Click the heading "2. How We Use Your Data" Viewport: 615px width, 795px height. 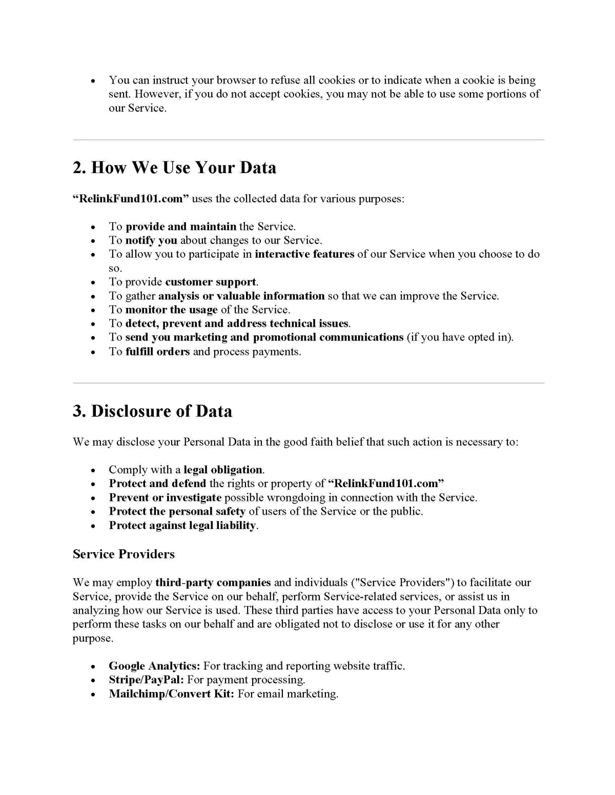(x=174, y=168)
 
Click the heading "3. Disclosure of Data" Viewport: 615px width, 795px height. (x=152, y=411)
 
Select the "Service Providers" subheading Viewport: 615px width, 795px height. (x=124, y=554)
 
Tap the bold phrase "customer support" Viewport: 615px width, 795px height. (x=211, y=282)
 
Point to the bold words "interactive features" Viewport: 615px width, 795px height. (x=304, y=254)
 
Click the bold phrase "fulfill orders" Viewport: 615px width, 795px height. (x=157, y=351)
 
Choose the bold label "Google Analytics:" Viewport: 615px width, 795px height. (x=154, y=666)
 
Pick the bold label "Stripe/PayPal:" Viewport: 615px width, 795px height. (x=146, y=680)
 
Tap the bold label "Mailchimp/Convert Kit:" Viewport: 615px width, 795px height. (x=171, y=694)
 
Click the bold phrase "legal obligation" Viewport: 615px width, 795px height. (x=223, y=470)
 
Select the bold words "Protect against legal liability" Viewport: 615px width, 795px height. (x=182, y=526)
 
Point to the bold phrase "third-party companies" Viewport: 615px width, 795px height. (x=213, y=582)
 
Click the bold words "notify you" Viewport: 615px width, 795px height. (x=151, y=240)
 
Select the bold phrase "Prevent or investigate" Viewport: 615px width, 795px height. (x=165, y=497)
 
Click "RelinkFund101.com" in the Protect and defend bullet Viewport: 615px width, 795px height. (x=386, y=484)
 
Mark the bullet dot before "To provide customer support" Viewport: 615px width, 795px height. (x=93, y=283)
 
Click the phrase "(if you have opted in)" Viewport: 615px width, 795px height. (x=460, y=337)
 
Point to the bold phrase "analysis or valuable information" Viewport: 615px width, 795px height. (x=241, y=296)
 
